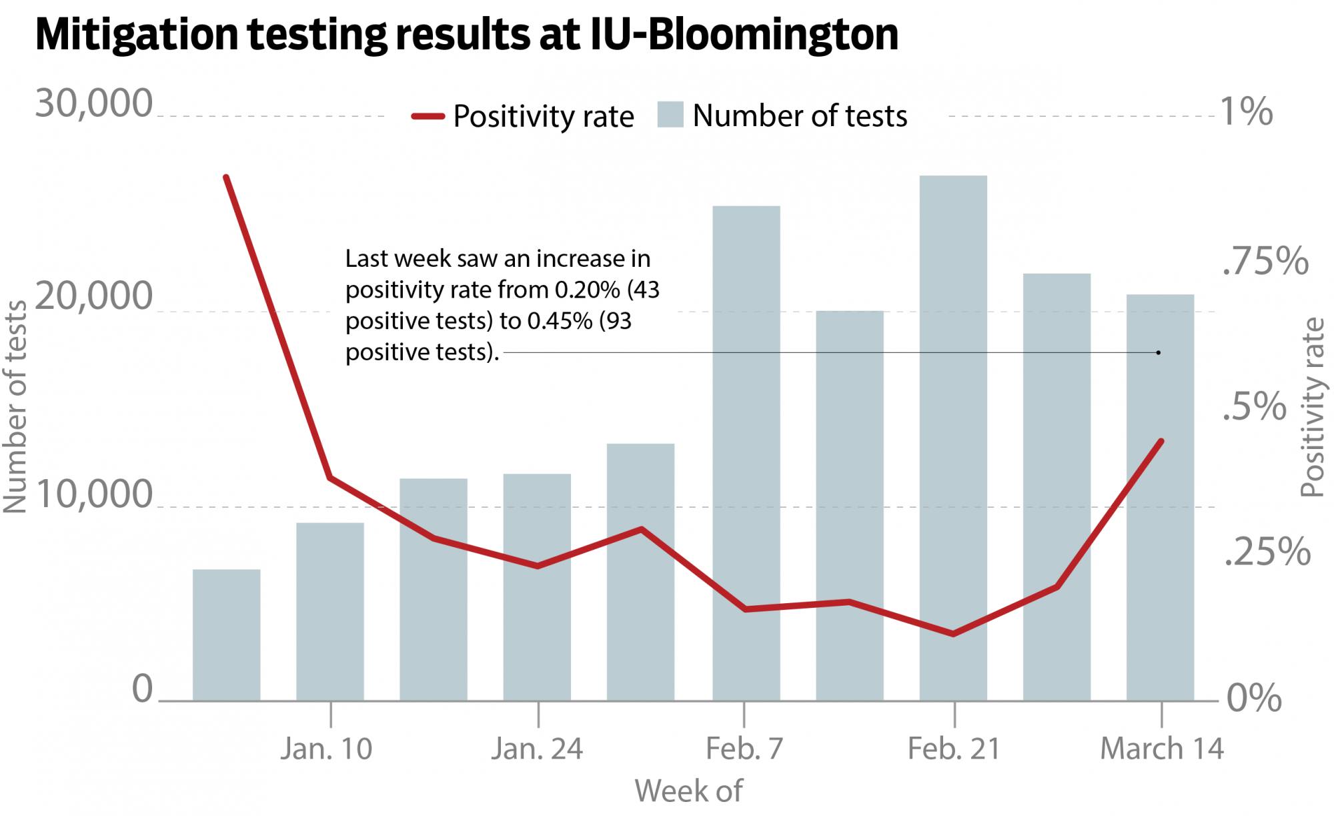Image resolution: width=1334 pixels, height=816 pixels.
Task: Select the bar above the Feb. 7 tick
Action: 746,454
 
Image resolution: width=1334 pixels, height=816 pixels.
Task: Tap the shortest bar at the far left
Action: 226,635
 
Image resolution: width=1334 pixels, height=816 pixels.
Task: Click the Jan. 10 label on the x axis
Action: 326,749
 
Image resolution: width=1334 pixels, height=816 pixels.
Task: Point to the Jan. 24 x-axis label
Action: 537,749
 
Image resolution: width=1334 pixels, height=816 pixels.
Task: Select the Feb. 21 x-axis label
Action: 954,749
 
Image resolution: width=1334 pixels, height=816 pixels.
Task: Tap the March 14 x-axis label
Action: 1161,749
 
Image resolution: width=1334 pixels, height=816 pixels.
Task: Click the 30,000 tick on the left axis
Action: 94,104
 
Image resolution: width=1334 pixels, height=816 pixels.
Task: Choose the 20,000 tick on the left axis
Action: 94,296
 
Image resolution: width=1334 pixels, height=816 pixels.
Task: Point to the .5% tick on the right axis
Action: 1254,406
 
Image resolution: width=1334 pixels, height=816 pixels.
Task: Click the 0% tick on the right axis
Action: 1254,698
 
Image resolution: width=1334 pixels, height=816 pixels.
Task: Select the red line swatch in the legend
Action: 428,116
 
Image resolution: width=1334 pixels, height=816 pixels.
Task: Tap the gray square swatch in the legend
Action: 670,115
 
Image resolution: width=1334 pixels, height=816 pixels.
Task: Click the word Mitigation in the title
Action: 136,35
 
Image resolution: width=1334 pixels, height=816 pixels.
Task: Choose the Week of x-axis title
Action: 688,791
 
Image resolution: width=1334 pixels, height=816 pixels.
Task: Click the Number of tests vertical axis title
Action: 15,407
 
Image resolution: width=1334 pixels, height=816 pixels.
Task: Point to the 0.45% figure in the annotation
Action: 560,321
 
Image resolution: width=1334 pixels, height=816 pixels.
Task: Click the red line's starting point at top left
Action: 227,177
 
